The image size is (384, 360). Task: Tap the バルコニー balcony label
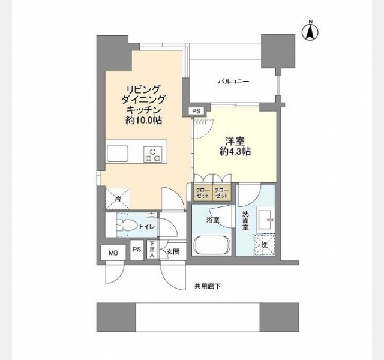point(233,82)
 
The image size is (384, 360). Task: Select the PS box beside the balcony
point(196,111)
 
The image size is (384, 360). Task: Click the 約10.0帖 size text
point(144,120)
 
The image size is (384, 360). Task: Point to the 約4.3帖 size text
point(235,152)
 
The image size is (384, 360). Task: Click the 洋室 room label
point(235,141)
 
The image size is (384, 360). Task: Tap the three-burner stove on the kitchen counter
point(153,154)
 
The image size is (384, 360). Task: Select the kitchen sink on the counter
point(118,154)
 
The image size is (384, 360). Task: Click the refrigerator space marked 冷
point(118,199)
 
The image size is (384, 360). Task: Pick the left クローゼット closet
point(203,192)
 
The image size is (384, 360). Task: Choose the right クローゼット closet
point(221,192)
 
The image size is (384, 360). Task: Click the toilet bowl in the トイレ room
point(126,225)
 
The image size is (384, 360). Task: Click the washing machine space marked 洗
point(264,245)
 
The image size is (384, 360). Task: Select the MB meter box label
point(113,253)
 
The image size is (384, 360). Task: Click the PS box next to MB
point(137,250)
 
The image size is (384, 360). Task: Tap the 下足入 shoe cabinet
point(152,250)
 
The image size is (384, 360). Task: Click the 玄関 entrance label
point(173,252)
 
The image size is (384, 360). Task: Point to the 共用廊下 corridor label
point(208,286)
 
